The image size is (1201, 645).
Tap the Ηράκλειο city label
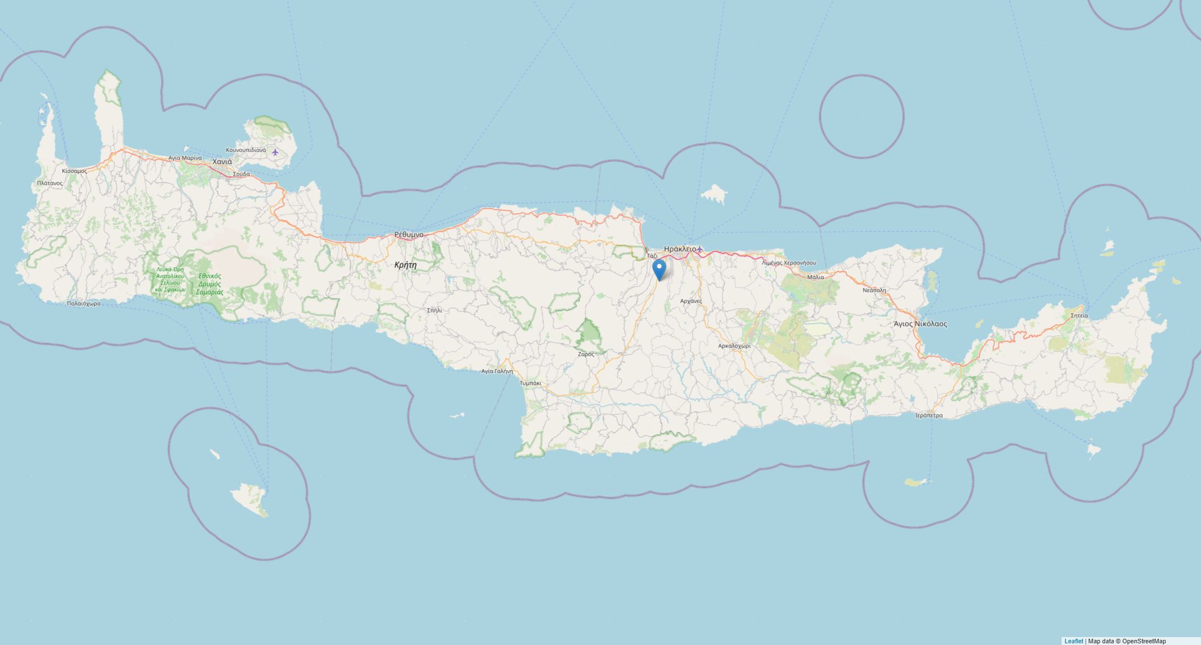point(680,249)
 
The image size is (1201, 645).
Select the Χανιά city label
point(222,162)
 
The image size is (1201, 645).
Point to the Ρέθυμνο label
point(409,234)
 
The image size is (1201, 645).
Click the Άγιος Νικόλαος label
point(920,324)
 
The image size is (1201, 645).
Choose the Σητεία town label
point(1079,315)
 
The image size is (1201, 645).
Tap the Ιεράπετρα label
point(928,416)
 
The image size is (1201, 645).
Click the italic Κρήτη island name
point(405,265)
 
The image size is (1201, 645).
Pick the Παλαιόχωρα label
point(84,303)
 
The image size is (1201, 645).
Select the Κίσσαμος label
point(74,171)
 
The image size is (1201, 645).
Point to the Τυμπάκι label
point(531,383)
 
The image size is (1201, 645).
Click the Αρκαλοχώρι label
point(734,346)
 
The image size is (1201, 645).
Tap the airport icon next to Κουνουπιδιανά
point(275,152)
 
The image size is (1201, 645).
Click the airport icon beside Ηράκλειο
point(700,249)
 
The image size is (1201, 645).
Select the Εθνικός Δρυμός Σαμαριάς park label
point(210,284)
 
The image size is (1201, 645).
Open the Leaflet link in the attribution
point(1073,641)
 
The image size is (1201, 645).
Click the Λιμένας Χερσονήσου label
point(788,263)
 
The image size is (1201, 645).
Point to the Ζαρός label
point(586,354)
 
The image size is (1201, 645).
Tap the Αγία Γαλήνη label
point(497,371)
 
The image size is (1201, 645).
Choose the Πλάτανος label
point(50,183)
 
